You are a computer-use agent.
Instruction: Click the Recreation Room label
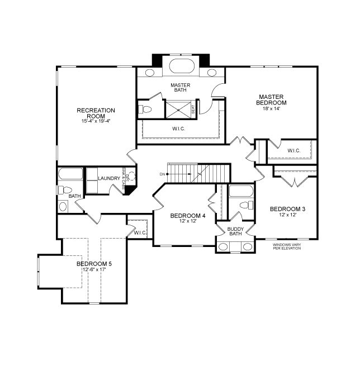coord(96,113)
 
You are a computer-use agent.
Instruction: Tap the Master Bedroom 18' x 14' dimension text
coord(271,108)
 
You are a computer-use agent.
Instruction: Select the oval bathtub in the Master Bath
coord(182,66)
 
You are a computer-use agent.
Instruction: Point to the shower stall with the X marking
coord(178,110)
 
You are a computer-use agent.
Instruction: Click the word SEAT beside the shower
coord(193,109)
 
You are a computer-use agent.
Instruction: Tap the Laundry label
coord(109,179)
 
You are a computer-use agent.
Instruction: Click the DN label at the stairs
coord(162,174)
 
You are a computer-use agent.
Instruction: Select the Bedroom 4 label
coord(188,216)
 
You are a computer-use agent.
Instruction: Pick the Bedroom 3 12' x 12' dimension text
coord(288,215)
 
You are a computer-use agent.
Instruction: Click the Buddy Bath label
coord(235,231)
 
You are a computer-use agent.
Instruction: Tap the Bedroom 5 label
coord(94,264)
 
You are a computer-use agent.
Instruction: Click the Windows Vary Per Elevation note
coord(287,246)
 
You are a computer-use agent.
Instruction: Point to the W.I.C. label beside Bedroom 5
coord(140,232)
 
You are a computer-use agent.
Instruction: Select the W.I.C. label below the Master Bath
coord(178,129)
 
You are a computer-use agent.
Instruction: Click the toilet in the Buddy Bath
coord(247,205)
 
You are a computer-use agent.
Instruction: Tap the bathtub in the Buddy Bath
coord(241,191)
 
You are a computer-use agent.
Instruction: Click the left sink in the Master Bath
coord(150,73)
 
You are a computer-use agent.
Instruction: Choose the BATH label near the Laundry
coord(74,196)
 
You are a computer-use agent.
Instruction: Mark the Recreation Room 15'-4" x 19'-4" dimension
coord(96,121)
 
